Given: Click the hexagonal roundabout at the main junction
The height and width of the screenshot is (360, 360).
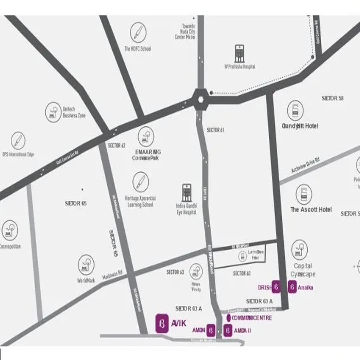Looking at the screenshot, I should point(201,99).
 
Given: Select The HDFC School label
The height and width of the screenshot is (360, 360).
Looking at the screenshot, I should point(138,49).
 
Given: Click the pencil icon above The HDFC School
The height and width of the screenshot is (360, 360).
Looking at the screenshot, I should point(138,32).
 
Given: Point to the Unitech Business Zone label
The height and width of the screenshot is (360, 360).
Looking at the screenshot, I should point(74,112).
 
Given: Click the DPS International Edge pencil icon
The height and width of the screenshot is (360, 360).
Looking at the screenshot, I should point(18,141).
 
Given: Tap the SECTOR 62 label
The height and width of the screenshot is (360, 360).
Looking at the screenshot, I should point(117,145).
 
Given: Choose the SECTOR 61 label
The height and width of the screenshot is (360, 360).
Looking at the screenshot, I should point(215,130).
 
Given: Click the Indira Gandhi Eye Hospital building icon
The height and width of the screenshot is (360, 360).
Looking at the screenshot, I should point(187,192).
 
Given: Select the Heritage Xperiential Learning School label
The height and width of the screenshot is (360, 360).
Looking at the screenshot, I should point(140,201).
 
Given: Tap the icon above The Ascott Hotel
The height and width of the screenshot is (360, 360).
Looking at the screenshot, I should point(304,194).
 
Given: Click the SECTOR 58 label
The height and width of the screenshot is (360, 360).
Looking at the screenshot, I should point(332,98).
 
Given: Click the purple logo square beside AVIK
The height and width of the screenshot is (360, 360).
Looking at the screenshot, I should point(162,323).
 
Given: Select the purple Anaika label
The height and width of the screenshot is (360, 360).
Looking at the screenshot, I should point(305,288).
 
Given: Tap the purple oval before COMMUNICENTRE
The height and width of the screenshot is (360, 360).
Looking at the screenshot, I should point(228,318).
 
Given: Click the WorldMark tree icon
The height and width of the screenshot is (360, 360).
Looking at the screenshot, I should point(86,265).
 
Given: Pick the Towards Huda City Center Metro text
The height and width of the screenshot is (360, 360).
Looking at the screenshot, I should point(185,32).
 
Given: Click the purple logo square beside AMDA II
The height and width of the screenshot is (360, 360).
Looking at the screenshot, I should point(228,331).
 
